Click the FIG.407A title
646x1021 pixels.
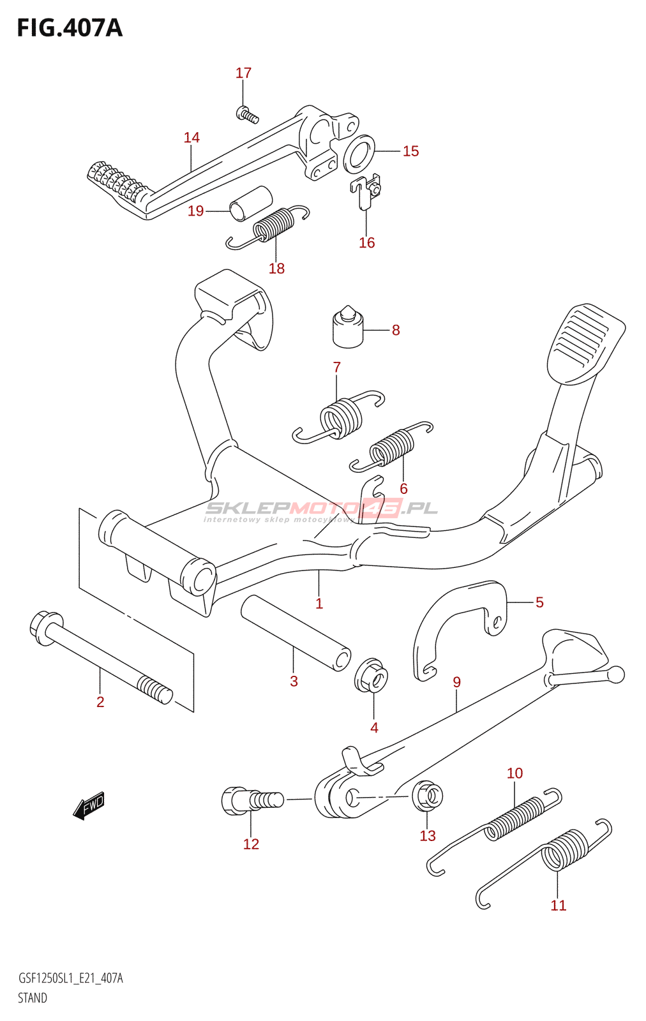tap(69, 28)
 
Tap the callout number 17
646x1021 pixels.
tap(243, 73)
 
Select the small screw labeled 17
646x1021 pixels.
tap(247, 115)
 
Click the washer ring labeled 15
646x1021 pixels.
tap(359, 154)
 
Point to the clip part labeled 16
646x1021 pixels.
tap(366, 192)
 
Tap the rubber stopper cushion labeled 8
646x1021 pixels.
tap(348, 328)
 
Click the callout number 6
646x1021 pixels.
tap(403, 489)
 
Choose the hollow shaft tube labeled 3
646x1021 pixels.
tap(296, 632)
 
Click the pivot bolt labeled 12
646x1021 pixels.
tap(251, 800)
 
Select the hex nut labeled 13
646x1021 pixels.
tap(428, 796)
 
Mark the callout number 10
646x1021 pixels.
tap(515, 773)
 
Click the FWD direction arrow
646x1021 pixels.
tap(89, 805)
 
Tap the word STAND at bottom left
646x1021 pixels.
tap(33, 998)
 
